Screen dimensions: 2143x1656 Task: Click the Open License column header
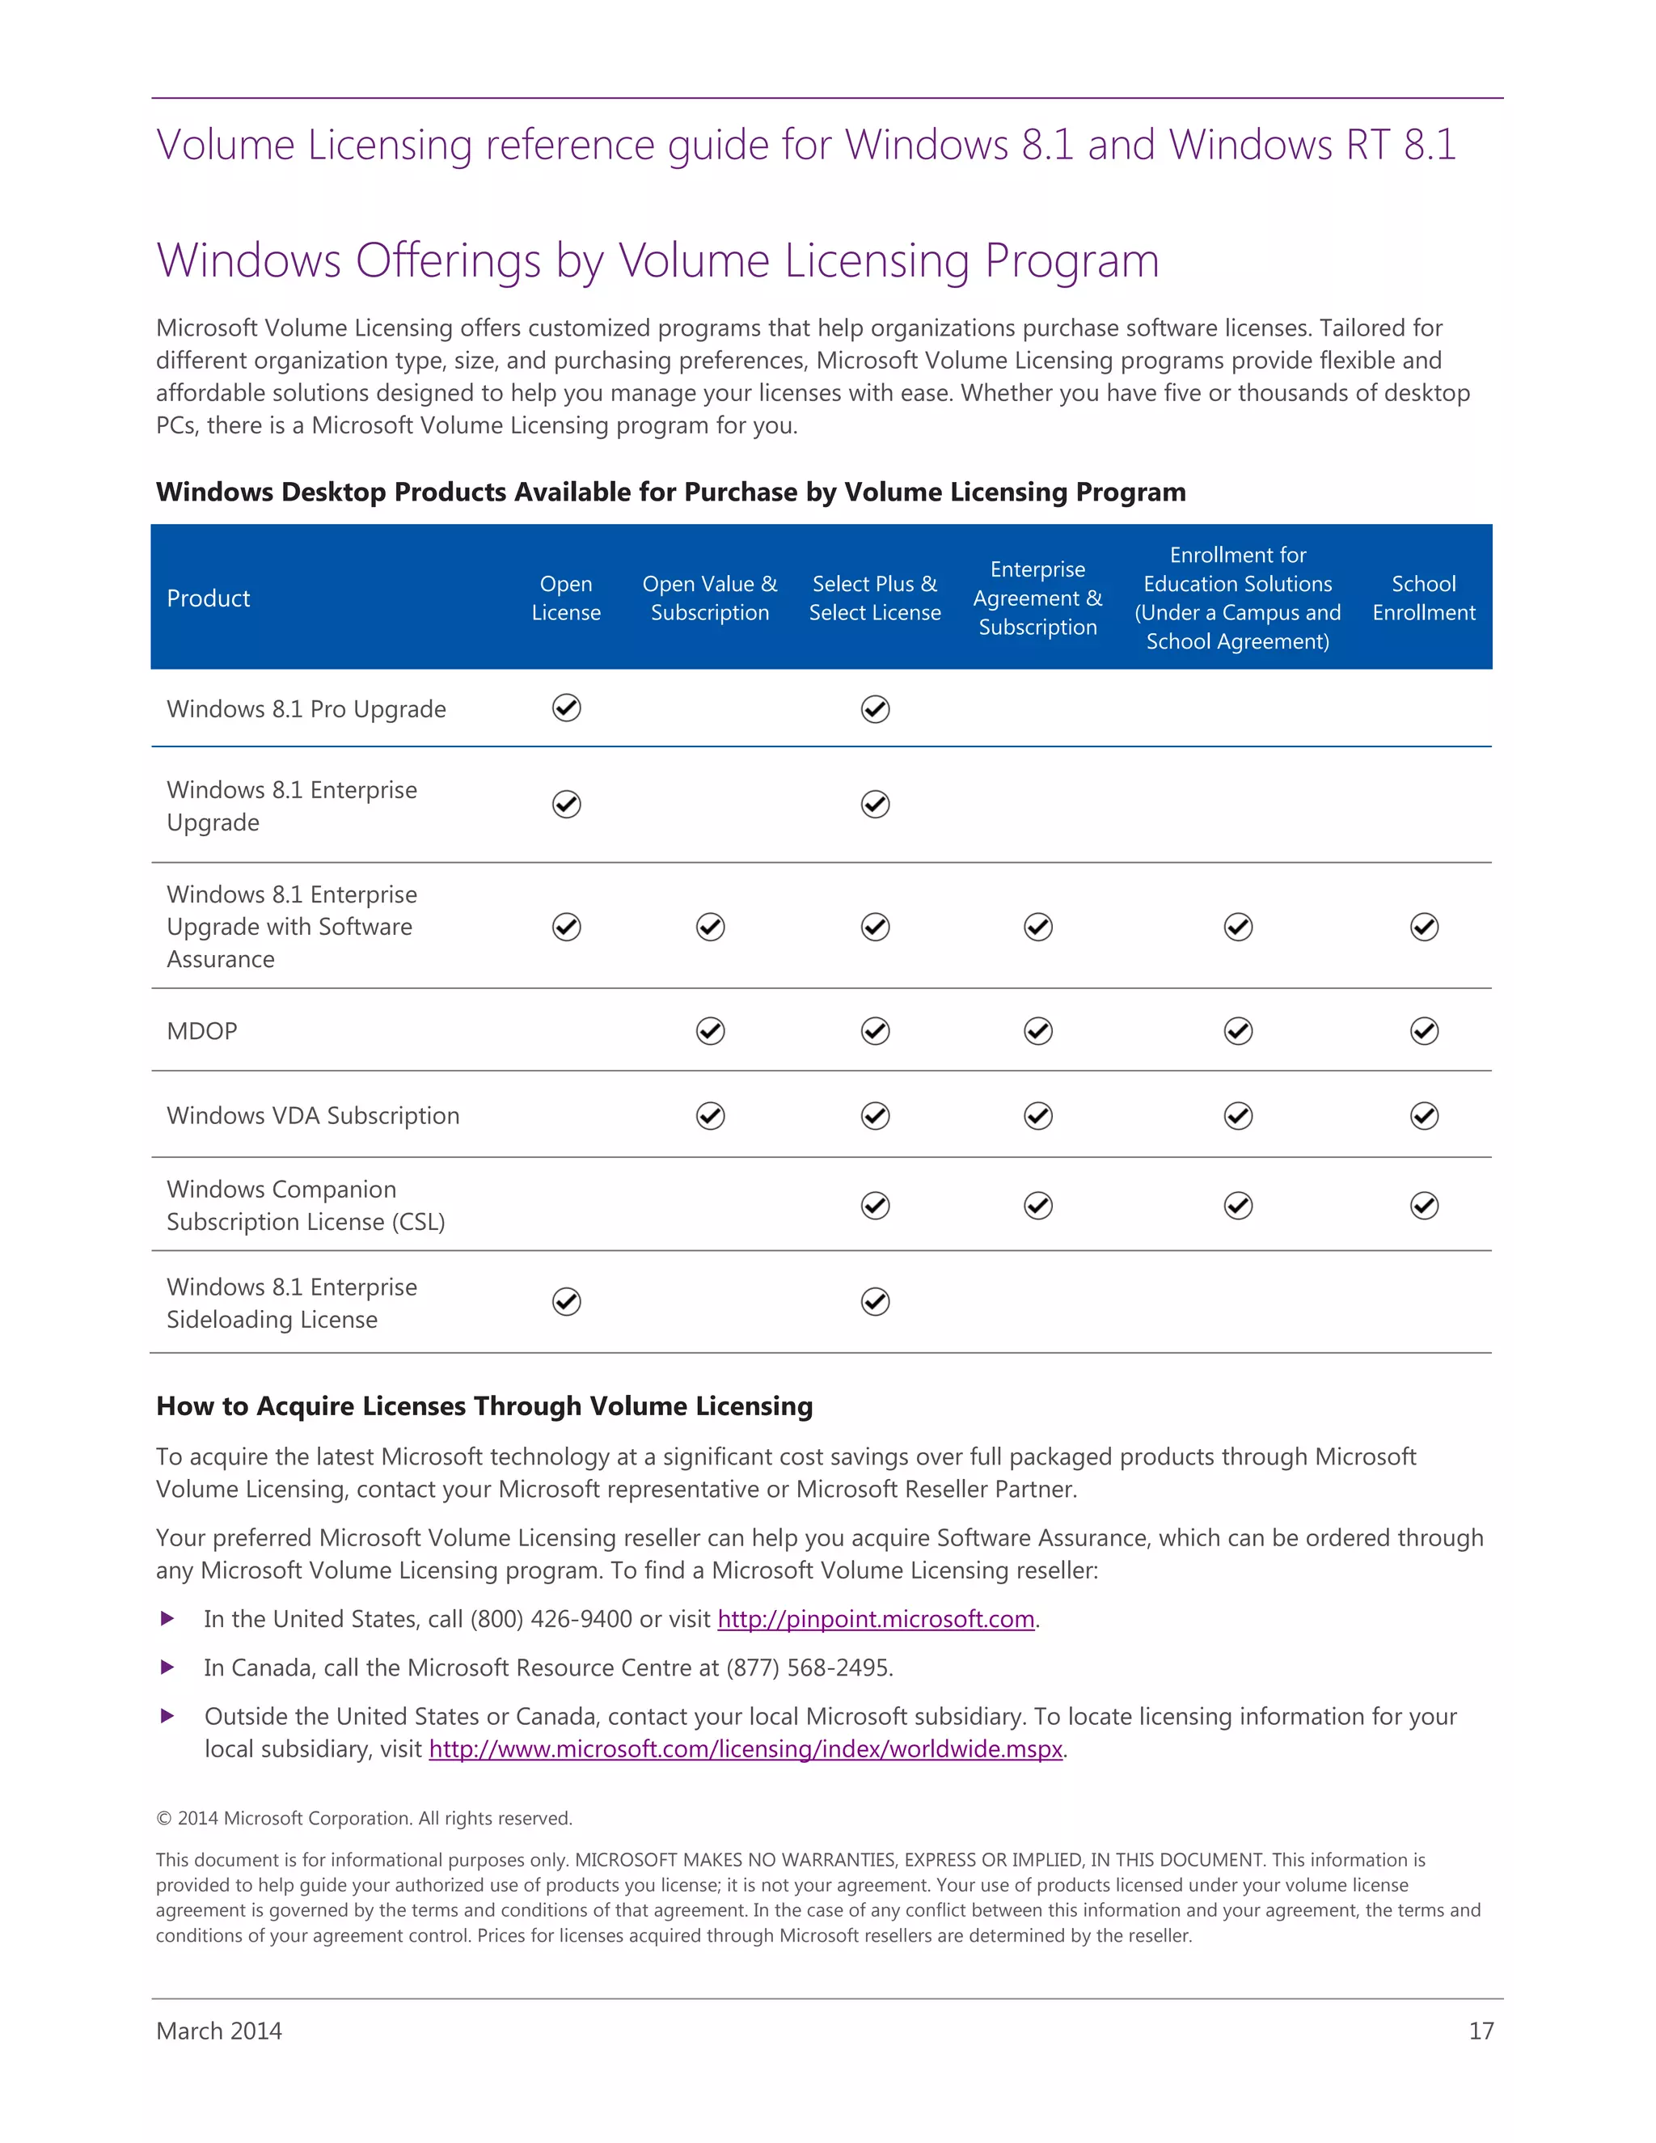tap(566, 598)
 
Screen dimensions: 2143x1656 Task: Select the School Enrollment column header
tap(1423, 598)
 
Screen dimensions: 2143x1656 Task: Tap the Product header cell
tap(208, 598)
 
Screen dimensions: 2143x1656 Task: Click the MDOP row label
tap(202, 1031)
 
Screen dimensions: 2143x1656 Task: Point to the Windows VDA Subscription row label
tap(313, 1116)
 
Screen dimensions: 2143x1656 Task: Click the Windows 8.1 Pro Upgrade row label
tap(306, 709)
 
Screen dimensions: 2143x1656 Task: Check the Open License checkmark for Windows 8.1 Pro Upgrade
tap(566, 708)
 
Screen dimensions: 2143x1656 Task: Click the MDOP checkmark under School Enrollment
tap(1423, 1031)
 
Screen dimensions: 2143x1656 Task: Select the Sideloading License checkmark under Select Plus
tap(875, 1302)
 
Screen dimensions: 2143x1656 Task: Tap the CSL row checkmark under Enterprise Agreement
tap(1038, 1206)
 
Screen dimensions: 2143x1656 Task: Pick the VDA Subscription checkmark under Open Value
tap(710, 1117)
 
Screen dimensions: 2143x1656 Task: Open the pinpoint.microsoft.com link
tap(875, 1619)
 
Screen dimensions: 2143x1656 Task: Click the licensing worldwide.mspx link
tap(746, 1749)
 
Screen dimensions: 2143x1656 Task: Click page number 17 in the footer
tap(1481, 2031)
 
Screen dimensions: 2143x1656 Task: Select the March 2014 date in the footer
tap(219, 2031)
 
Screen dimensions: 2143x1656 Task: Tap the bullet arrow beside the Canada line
tap(167, 1667)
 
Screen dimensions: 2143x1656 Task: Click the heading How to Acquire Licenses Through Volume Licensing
tap(484, 1406)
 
